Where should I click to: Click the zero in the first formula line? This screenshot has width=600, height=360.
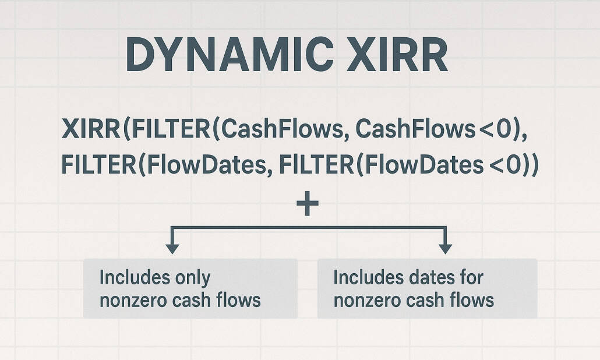point(504,128)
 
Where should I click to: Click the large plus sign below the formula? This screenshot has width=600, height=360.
point(308,206)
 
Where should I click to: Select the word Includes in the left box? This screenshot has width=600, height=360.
point(127,278)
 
